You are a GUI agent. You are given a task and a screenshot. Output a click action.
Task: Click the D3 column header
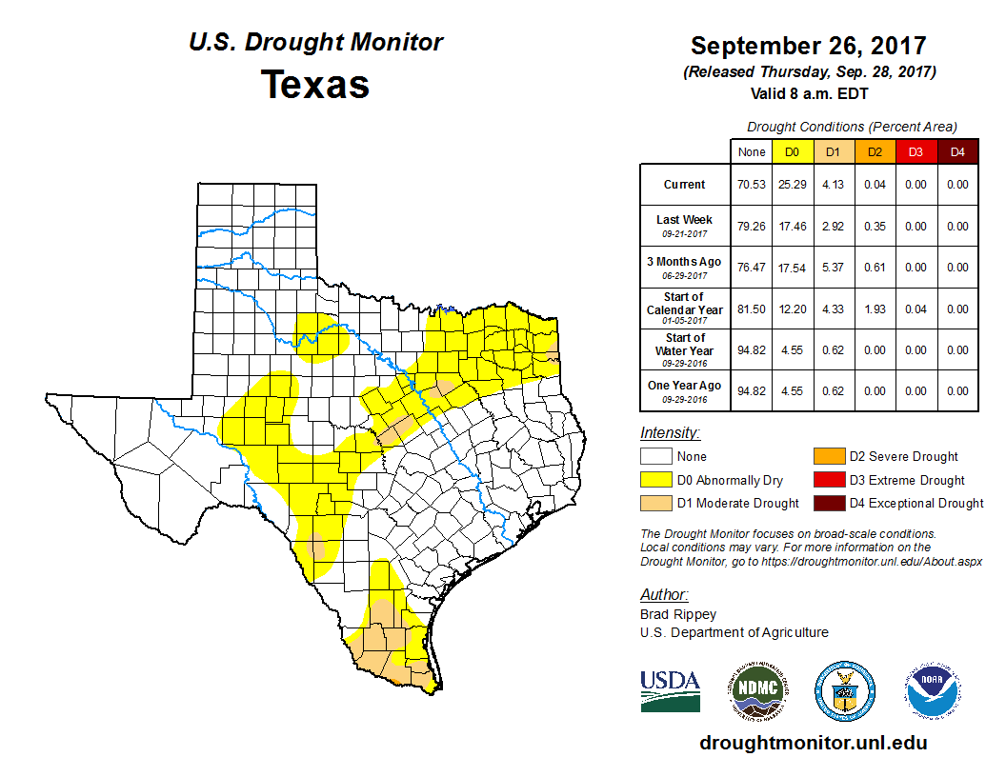point(915,151)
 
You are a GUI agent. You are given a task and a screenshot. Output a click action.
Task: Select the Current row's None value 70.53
point(752,185)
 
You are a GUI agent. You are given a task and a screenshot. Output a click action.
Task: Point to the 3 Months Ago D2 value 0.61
point(875,268)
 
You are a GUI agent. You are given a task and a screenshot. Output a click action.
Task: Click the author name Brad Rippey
point(678,614)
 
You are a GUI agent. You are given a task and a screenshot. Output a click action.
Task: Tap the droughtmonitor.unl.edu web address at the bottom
point(813,743)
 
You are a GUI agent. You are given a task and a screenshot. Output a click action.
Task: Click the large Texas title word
point(315,84)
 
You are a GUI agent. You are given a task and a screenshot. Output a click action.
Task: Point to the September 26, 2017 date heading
point(808,47)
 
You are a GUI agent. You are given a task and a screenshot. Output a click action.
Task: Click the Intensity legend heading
point(670,433)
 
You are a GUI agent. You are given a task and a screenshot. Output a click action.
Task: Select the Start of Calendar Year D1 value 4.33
point(834,309)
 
